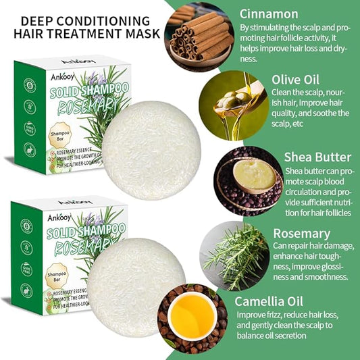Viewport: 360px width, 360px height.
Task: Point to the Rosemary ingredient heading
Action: point(301,233)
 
